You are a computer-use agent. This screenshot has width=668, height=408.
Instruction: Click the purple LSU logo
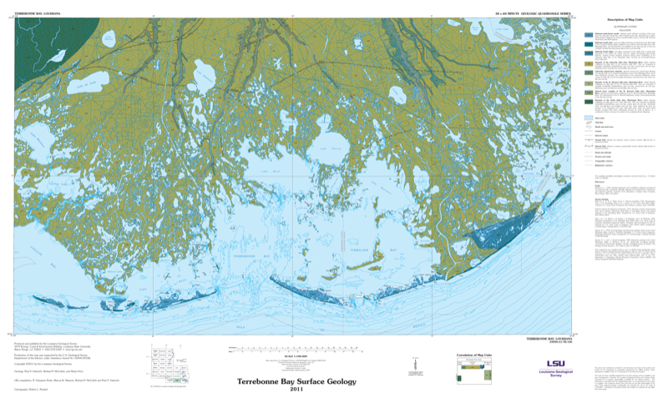(555, 364)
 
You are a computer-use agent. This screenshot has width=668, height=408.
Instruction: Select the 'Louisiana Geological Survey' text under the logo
(555, 375)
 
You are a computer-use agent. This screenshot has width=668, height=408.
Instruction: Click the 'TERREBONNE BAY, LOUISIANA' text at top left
(29, 13)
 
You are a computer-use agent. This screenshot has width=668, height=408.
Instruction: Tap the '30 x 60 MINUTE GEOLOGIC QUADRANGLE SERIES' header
(531, 13)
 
